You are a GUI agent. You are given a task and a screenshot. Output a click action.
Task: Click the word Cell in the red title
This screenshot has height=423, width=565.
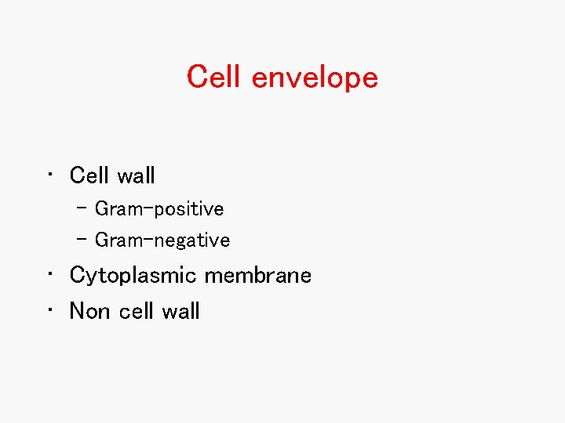[215, 77]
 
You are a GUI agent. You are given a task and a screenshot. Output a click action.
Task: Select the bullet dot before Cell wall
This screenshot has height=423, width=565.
[49, 175]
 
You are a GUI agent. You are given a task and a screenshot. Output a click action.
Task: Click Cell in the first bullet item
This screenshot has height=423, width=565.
[89, 175]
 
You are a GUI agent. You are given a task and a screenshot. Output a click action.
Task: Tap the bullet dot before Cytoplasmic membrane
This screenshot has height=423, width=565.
[49, 276]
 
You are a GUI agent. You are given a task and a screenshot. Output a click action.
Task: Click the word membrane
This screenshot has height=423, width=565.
[258, 276]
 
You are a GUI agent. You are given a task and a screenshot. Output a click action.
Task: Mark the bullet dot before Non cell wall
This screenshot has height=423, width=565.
[49, 311]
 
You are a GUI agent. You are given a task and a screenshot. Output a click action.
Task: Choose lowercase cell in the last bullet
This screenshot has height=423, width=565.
[137, 311]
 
